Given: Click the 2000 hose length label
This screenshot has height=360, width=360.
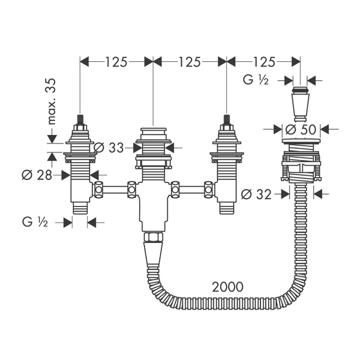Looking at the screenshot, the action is point(227,287).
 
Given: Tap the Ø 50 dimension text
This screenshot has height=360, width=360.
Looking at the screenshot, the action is point(301,130).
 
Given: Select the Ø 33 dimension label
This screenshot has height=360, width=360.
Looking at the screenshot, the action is point(109,148).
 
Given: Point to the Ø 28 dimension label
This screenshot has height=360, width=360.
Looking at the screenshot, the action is point(37,176).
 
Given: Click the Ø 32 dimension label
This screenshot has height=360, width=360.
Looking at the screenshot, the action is point(256,195).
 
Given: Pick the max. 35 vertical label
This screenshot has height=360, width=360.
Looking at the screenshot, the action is point(52,101).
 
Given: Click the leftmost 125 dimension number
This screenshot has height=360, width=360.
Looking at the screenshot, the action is point(116,62).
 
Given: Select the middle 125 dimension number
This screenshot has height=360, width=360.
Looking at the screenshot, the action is point(190,62).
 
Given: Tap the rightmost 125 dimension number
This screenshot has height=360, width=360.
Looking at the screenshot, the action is point(263,62).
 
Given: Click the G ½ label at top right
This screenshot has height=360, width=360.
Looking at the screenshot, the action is point(256,80).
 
